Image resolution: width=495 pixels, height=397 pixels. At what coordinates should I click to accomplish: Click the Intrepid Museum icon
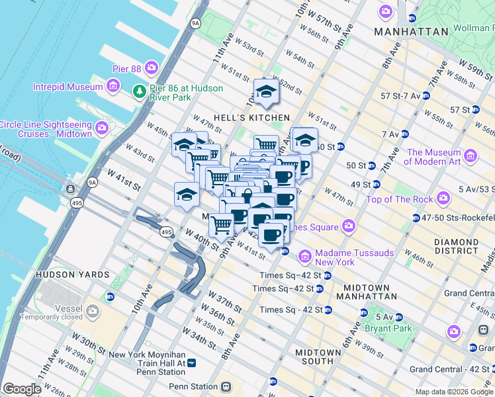112,86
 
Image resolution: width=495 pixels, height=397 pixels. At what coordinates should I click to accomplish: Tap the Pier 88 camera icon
152,67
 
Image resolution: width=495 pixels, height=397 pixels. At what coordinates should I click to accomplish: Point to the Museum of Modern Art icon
471,156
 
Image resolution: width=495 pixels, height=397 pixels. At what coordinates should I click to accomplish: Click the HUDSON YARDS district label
73,274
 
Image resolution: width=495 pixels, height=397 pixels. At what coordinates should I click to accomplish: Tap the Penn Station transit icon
226,386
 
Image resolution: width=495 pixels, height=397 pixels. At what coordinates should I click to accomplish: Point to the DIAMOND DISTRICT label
457,246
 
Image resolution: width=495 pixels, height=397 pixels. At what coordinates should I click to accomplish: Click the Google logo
22,389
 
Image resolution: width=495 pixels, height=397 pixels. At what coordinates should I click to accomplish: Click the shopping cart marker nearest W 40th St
222,225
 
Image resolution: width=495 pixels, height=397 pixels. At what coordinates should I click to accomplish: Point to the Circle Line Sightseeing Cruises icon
102,127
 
